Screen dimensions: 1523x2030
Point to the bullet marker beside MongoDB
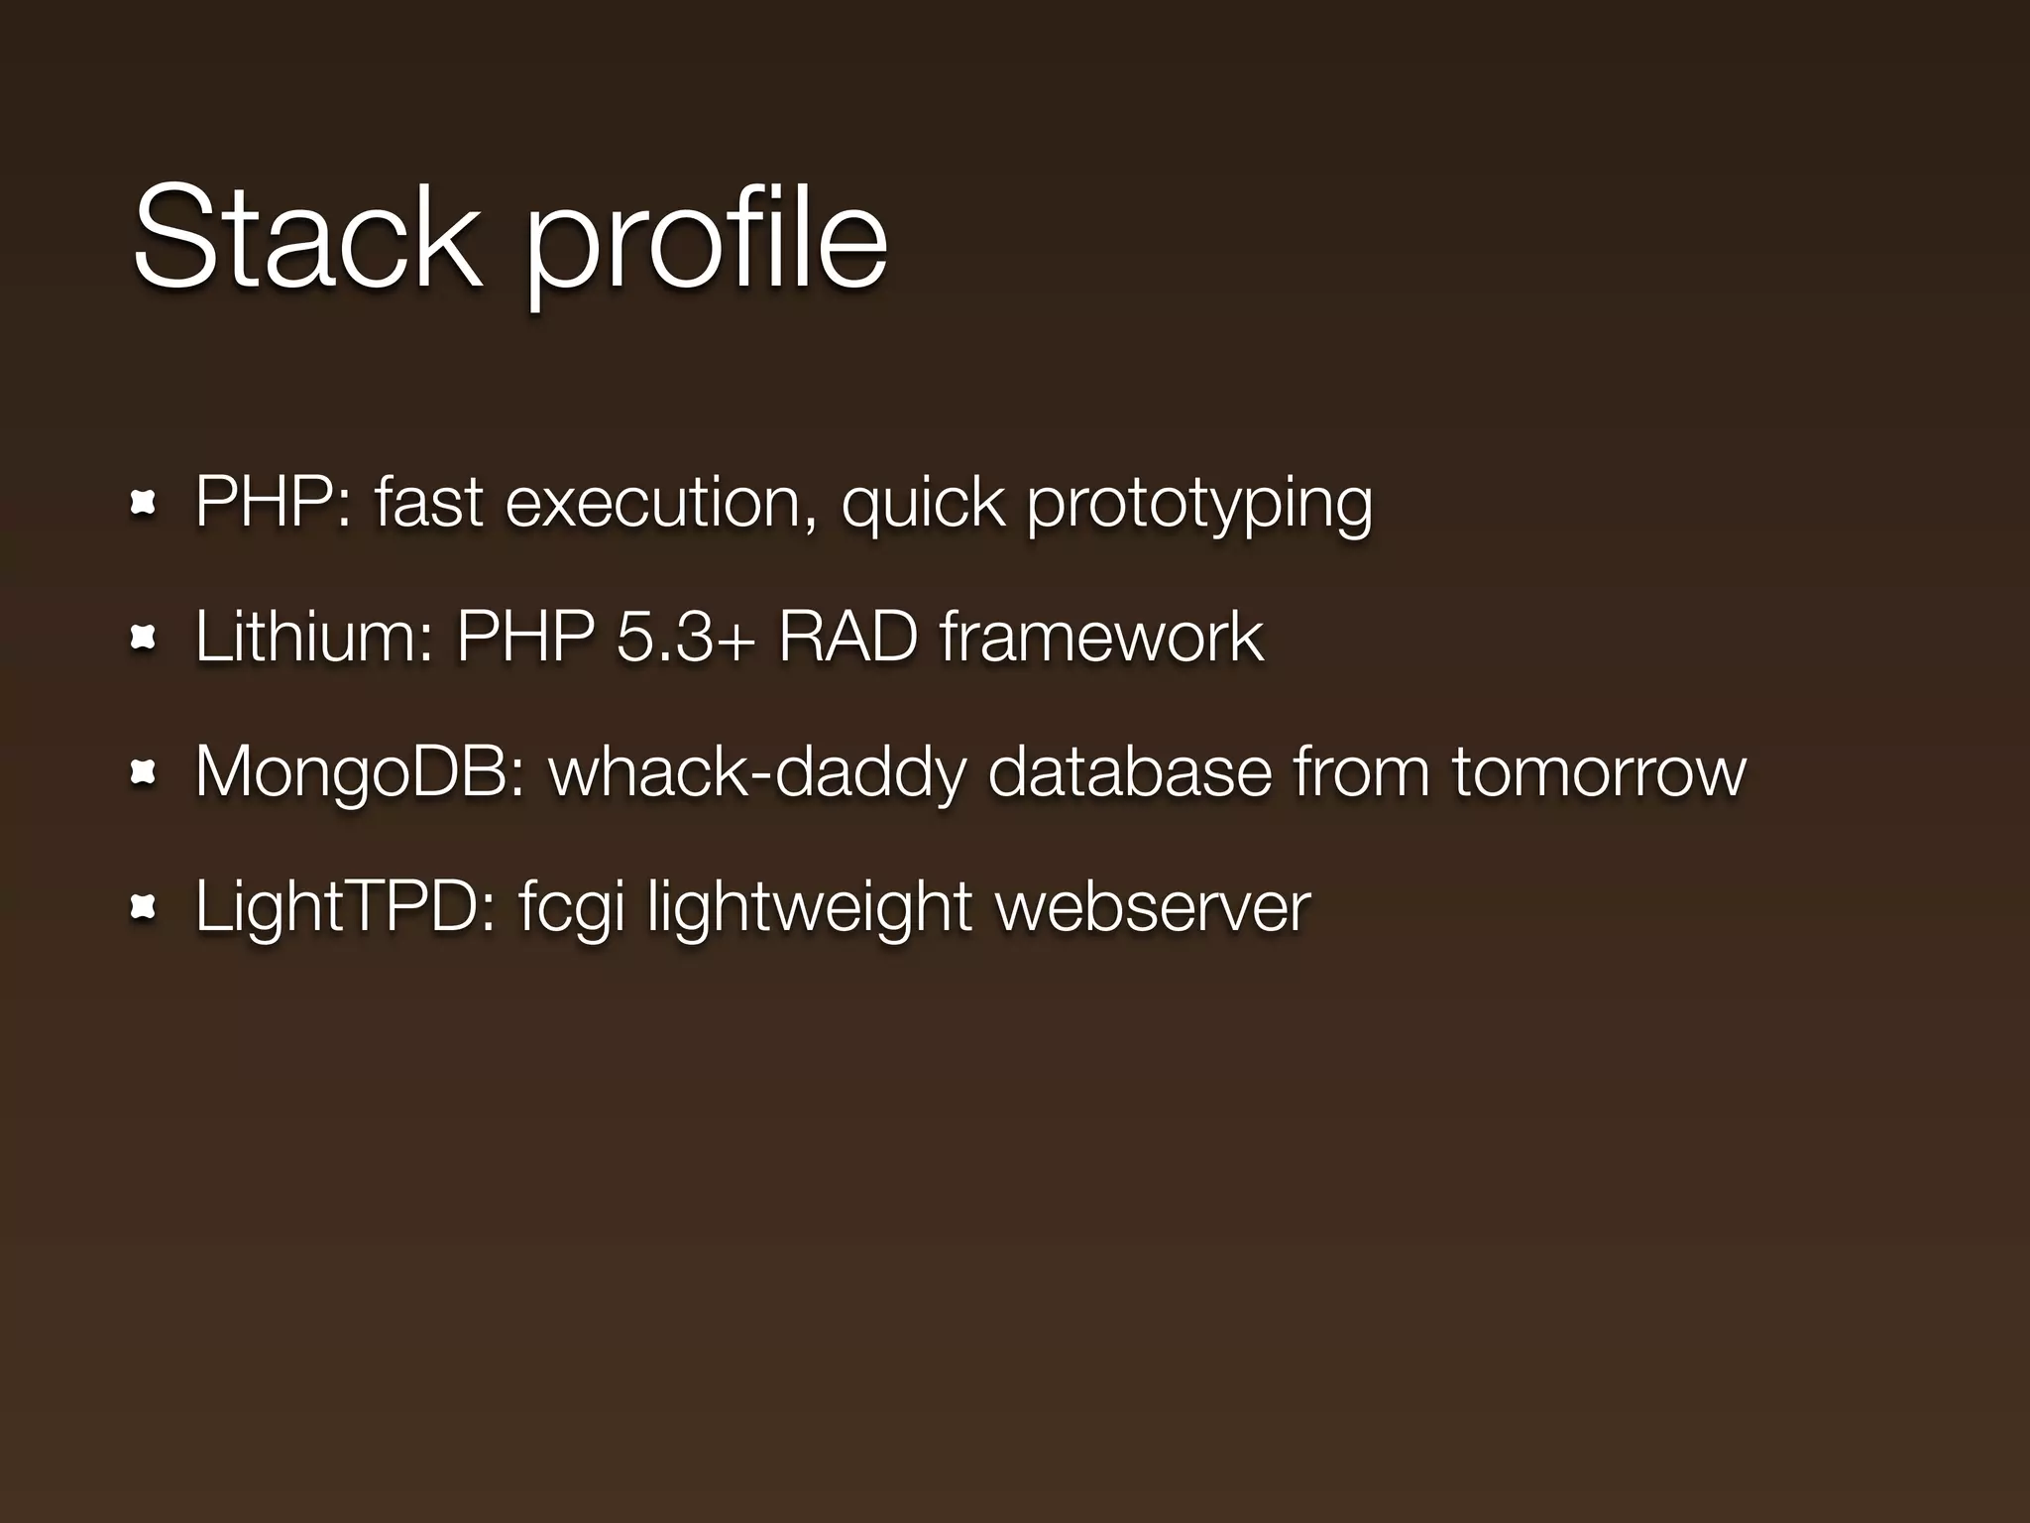tap(143, 772)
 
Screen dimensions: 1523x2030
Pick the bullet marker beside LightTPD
tap(143, 906)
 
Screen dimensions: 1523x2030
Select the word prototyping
tap(1199, 506)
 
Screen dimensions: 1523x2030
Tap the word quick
tap(923, 506)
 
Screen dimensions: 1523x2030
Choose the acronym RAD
tap(846, 637)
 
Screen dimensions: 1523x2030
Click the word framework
tap(1101, 637)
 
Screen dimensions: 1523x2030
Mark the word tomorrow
tap(1599, 772)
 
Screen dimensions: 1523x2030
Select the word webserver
tap(1153, 906)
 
